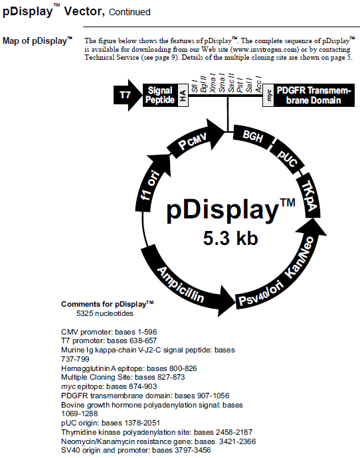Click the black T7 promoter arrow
[127, 95]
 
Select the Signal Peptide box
[161, 95]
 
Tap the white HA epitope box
[183, 95]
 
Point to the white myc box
[268, 95]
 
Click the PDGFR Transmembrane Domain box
[314, 95]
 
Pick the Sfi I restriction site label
[195, 86]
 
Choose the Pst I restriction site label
[240, 85]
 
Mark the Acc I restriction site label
[258, 85]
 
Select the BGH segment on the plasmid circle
[253, 137]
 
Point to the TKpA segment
[309, 195]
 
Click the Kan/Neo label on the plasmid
[300, 257]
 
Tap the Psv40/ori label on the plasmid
[261, 294]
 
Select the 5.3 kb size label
[230, 238]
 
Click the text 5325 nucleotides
[104, 313]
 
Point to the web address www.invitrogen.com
[266, 49]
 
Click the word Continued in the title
[130, 12]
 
